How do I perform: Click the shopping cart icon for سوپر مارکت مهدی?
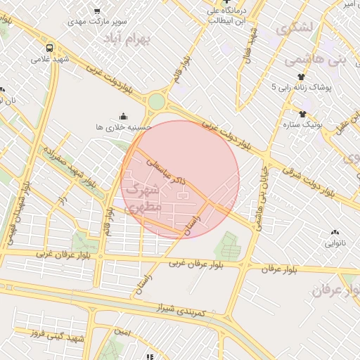coord(96,11)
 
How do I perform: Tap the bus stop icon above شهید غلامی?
coord(50,48)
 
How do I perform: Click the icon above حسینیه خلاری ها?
coord(124,116)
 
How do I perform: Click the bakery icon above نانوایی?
coord(334,233)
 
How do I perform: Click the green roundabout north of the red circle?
coord(156,103)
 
